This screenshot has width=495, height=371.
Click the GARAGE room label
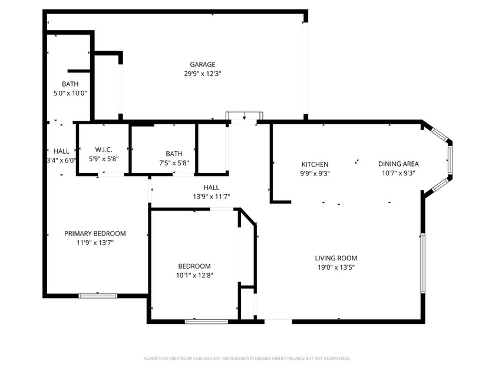tap(202, 65)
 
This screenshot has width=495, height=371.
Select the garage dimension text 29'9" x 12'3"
tap(202, 74)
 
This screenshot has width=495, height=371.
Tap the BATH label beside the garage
tap(70, 84)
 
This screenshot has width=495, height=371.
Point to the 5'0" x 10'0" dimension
tap(70, 93)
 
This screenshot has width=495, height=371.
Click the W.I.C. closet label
tap(104, 150)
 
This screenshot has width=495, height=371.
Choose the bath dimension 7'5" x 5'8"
tap(174, 163)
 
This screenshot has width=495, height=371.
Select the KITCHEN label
tap(315, 164)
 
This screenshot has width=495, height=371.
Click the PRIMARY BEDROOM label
tap(95, 234)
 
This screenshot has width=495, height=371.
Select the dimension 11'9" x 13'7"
tap(95, 243)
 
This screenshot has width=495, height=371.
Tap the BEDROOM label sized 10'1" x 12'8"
tap(193, 266)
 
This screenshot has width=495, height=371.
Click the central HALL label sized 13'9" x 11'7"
tap(211, 187)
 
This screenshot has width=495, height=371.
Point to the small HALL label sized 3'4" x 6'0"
tap(61, 151)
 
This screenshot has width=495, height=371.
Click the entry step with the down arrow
tap(244, 117)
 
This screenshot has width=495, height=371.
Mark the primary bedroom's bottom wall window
tap(98, 296)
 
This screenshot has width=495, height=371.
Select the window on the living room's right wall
tap(422, 262)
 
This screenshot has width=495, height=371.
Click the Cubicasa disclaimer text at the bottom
tap(247, 358)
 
